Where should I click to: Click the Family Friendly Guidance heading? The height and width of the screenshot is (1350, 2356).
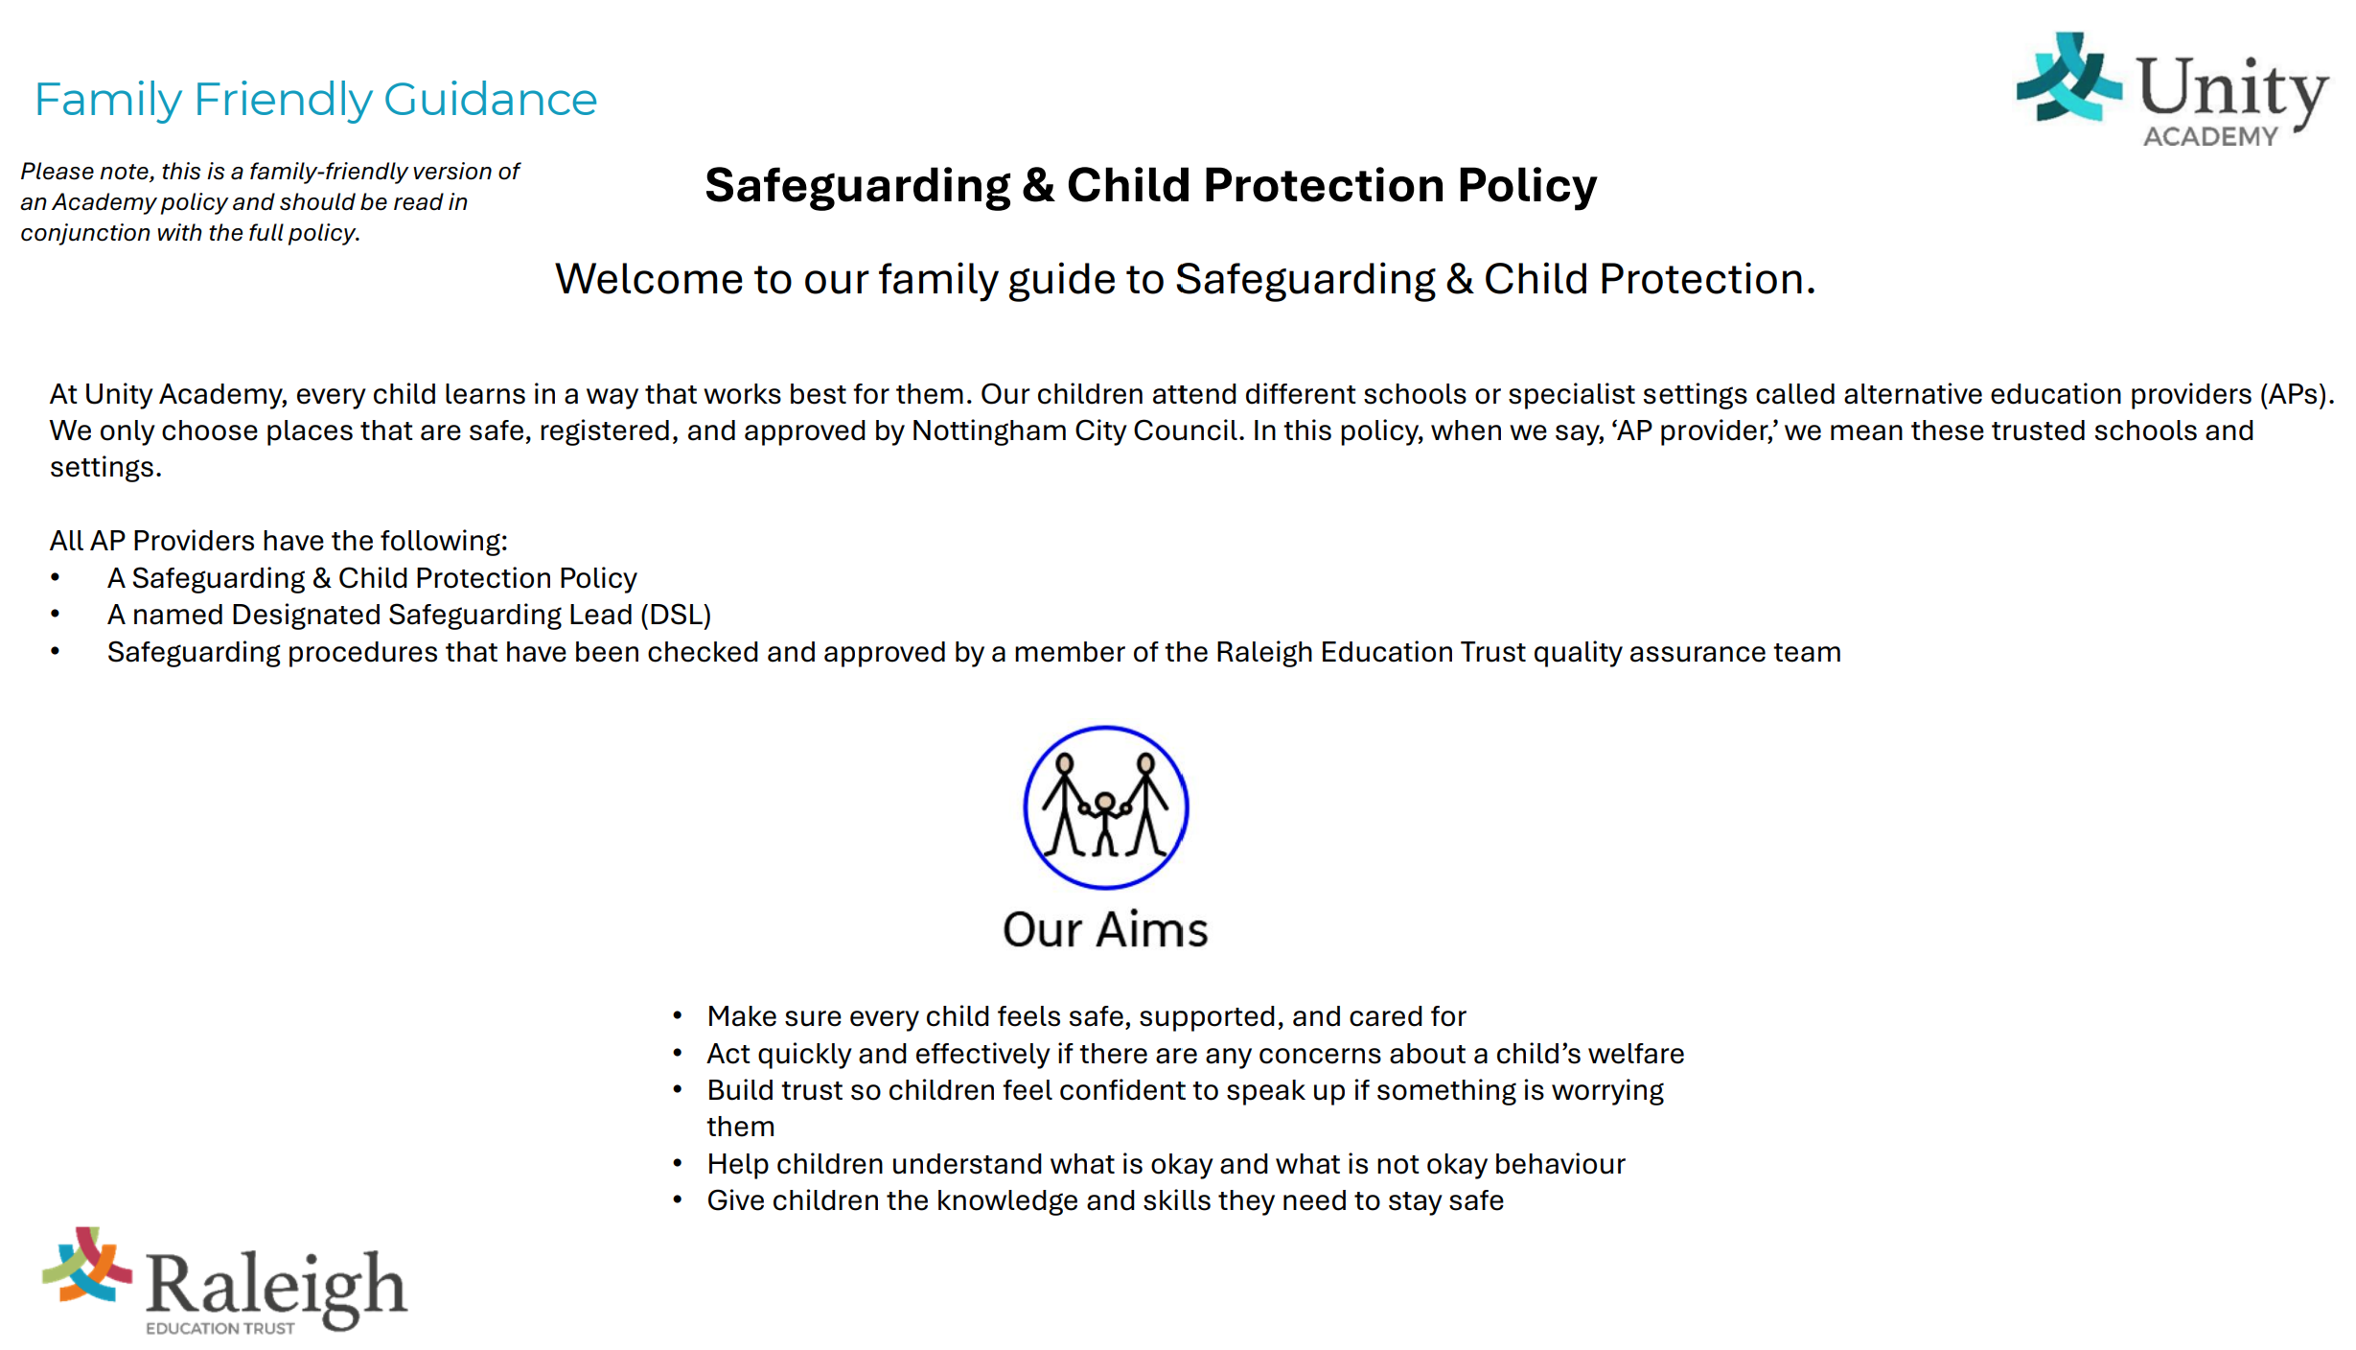(315, 100)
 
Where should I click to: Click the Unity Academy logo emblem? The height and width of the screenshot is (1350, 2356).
(2067, 79)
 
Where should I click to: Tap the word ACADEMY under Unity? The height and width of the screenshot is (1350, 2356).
(2209, 137)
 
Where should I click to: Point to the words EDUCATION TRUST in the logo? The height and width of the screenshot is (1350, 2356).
(219, 1328)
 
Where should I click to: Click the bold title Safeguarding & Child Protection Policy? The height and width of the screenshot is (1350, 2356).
(1150, 185)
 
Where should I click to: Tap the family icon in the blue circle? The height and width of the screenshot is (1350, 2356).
(1105, 807)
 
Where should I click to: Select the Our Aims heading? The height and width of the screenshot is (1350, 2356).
(1105, 930)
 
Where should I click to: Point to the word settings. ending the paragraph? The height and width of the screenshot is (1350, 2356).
(105, 468)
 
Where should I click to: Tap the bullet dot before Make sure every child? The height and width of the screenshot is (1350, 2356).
(678, 1015)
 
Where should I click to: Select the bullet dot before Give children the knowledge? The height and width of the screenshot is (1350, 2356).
(678, 1200)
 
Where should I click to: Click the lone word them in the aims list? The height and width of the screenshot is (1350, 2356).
(740, 1127)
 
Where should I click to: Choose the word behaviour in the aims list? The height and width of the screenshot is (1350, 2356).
(1559, 1164)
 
